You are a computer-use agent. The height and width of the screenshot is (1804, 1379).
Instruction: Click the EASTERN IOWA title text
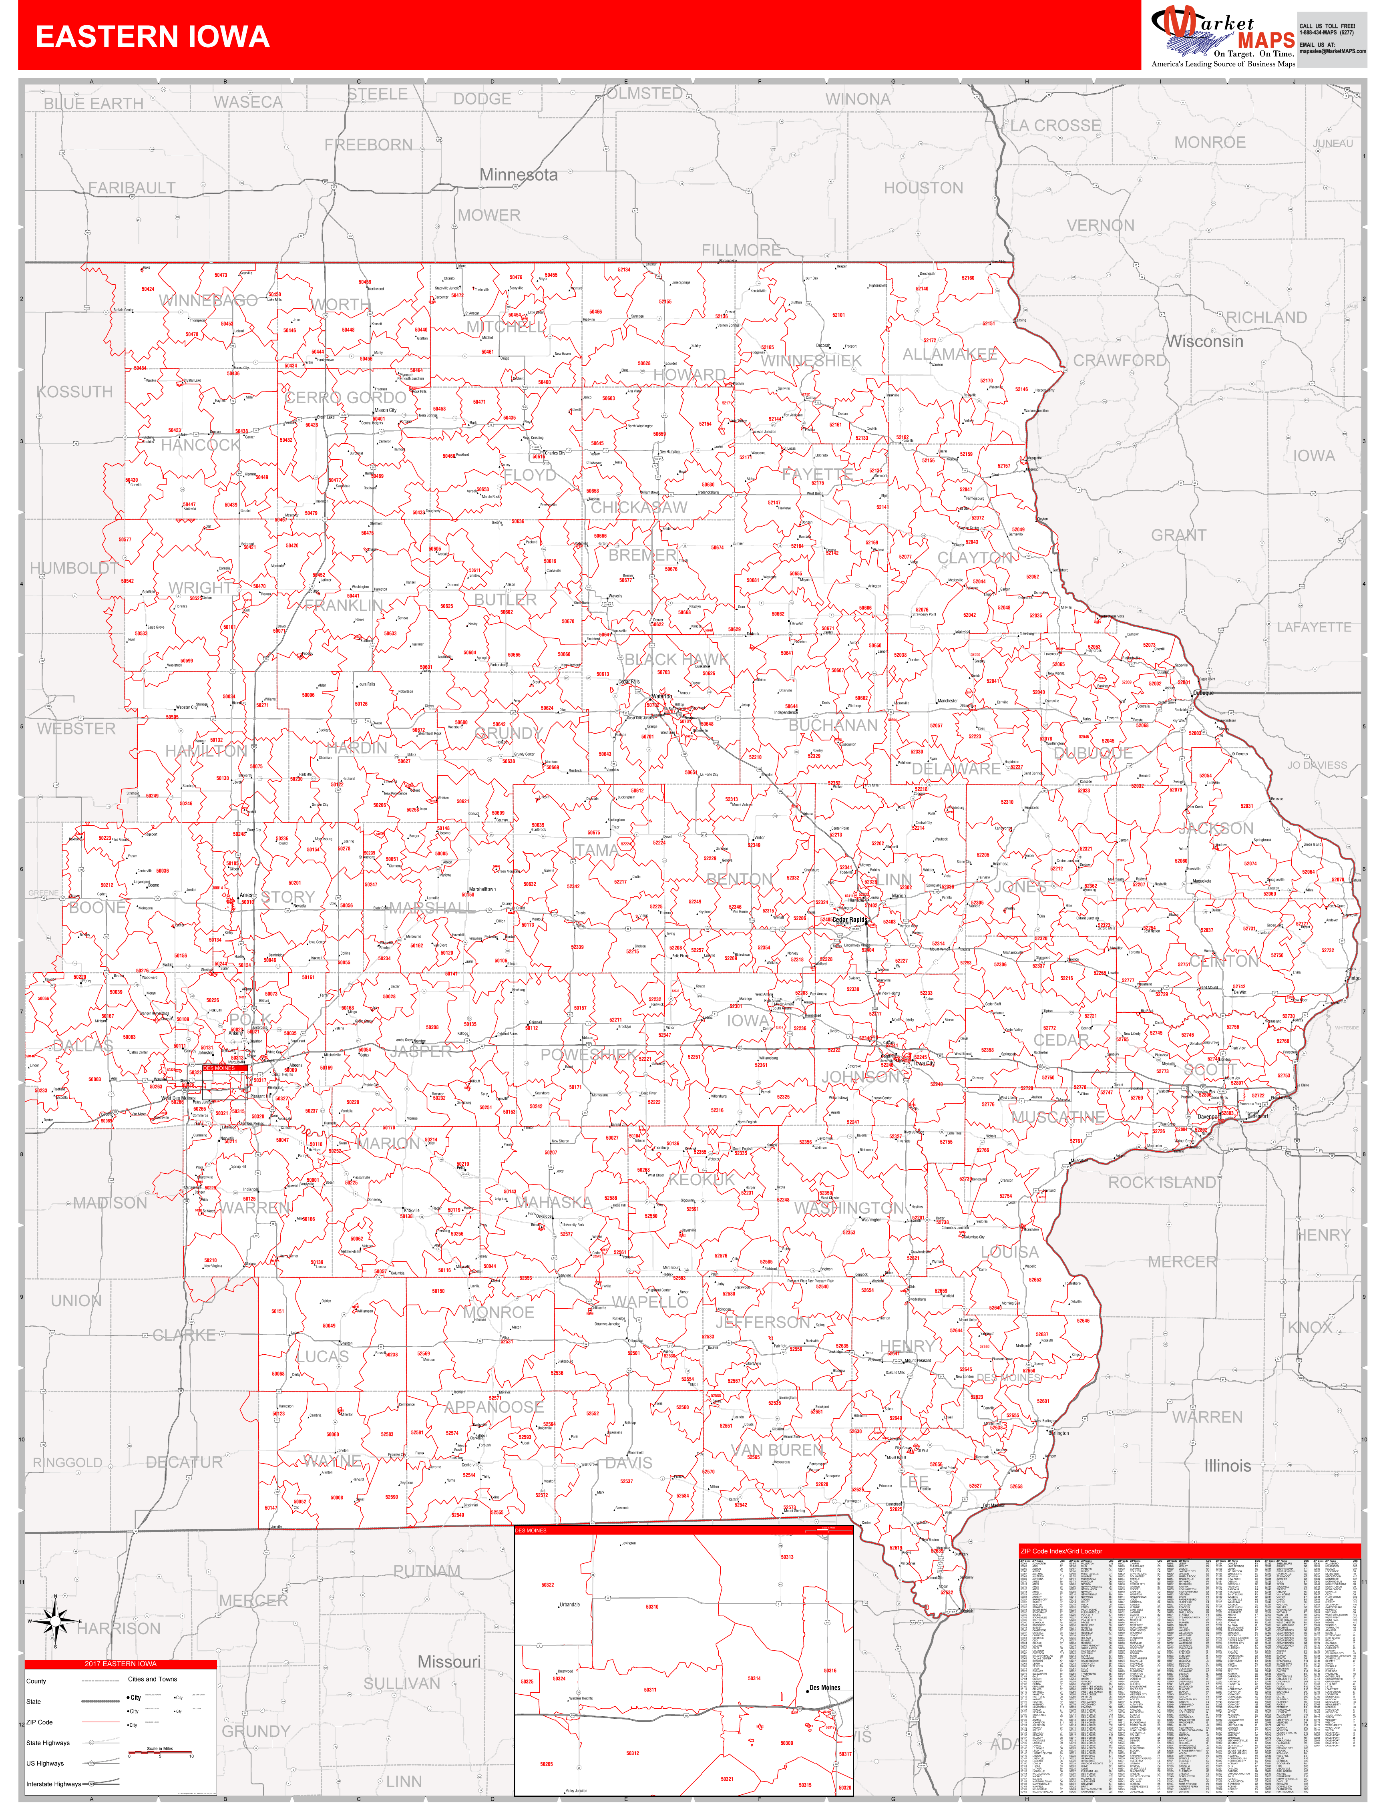tap(153, 37)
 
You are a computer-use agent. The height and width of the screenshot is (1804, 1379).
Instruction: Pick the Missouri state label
tap(449, 1661)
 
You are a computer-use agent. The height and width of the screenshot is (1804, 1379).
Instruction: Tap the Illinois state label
tap(1227, 1465)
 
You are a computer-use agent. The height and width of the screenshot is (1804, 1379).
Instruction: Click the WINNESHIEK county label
tap(811, 361)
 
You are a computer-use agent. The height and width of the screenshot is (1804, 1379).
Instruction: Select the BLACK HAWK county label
tap(675, 659)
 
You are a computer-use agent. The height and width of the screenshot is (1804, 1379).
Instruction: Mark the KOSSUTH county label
tap(75, 392)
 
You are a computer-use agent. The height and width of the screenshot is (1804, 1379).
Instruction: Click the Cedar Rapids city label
tap(850, 920)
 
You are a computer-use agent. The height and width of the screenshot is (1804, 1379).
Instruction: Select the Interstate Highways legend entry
tap(54, 1784)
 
